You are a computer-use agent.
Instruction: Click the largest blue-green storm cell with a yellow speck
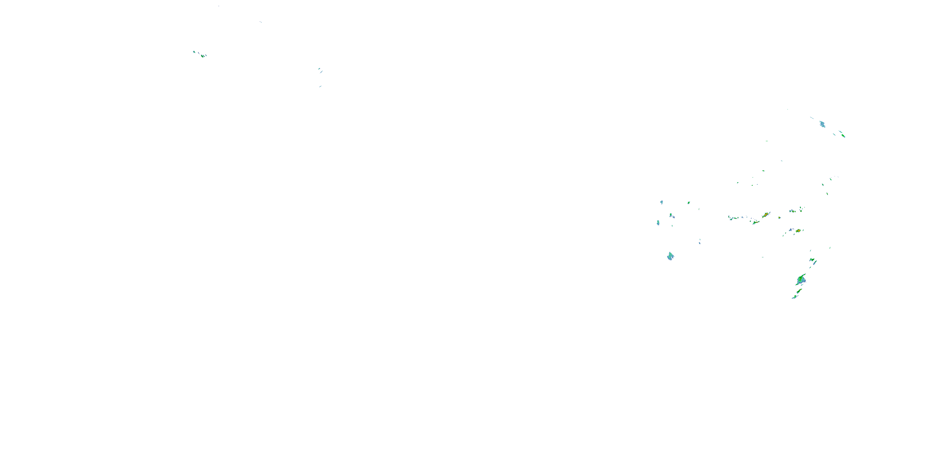(x=801, y=280)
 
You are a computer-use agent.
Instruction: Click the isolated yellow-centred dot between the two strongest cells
(x=779, y=218)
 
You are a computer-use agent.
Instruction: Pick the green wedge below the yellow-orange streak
(x=756, y=222)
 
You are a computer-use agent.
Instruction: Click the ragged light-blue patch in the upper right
(x=822, y=124)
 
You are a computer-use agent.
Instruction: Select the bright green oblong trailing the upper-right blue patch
(x=843, y=136)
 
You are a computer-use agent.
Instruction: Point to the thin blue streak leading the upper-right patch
(x=812, y=118)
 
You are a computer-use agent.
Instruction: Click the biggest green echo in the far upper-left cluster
(x=202, y=56)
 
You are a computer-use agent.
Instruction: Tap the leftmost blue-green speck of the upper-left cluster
(x=194, y=52)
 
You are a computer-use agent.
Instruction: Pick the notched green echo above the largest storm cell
(x=812, y=260)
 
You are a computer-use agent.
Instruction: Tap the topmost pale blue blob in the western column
(x=662, y=202)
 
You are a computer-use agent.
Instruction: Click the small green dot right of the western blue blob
(x=689, y=202)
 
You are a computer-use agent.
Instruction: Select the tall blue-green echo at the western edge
(x=658, y=222)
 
